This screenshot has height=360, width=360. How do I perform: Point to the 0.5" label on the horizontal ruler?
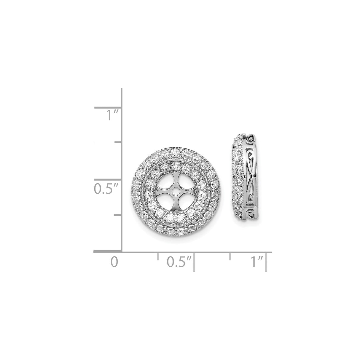click(x=179, y=262)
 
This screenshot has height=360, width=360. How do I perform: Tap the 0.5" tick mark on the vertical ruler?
click(x=107, y=179)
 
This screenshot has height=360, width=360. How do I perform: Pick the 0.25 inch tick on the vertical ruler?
click(x=117, y=215)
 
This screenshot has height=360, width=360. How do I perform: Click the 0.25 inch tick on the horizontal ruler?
click(x=157, y=256)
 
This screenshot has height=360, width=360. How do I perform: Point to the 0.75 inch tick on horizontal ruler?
click(x=230, y=256)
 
